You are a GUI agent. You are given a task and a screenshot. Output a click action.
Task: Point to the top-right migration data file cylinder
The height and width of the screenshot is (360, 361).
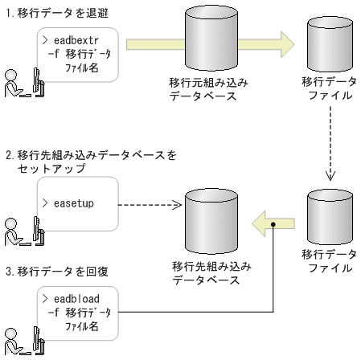tap(330, 52)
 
